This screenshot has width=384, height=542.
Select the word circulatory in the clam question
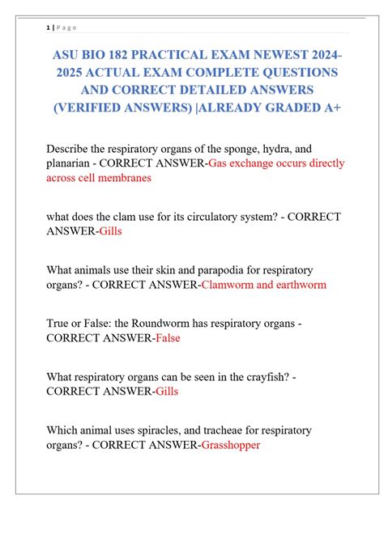tap(178, 217)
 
